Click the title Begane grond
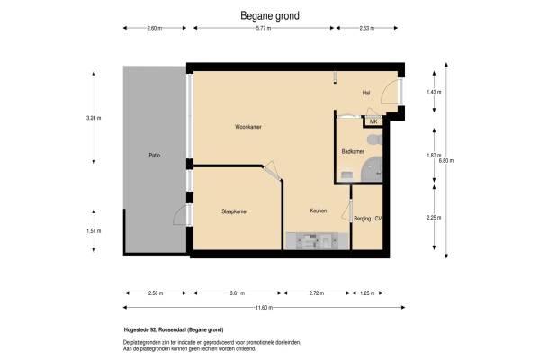click(x=270, y=16)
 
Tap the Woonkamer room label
click(x=248, y=127)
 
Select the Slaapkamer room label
click(x=235, y=211)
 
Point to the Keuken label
click(x=319, y=211)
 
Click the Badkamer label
click(x=353, y=151)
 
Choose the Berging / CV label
click(x=367, y=219)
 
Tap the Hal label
click(x=366, y=93)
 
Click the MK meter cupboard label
click(x=373, y=121)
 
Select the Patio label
click(x=154, y=156)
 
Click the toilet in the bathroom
click(x=374, y=139)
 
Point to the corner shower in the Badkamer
click(x=372, y=169)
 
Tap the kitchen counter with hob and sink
click(x=317, y=241)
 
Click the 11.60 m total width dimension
click(x=264, y=307)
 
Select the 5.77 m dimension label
click(x=264, y=28)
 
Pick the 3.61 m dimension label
click(x=238, y=293)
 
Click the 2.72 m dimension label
click(x=317, y=293)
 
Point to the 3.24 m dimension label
click(x=94, y=118)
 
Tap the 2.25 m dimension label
click(x=434, y=218)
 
